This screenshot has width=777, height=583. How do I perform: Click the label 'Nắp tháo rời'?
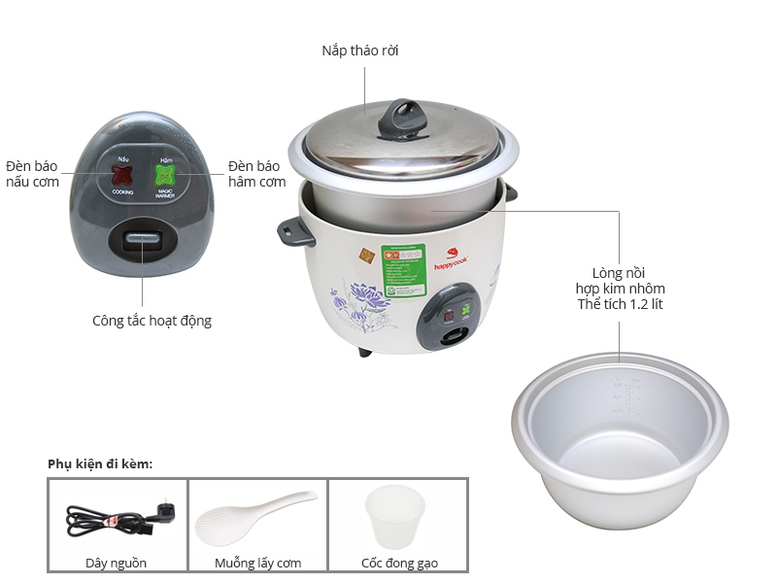360,51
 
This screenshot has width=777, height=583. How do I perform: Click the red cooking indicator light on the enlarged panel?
122,176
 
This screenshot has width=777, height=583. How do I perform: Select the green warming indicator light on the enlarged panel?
166,176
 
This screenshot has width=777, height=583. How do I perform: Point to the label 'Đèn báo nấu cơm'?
32,173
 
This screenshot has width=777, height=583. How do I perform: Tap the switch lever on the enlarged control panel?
144,242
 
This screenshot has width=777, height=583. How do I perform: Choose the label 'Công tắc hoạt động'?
152,320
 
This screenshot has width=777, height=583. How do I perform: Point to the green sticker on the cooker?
404,270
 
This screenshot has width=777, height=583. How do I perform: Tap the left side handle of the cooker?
290,230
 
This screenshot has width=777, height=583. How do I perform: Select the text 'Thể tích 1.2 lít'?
620,305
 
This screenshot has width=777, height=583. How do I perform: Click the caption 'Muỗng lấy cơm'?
257,563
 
